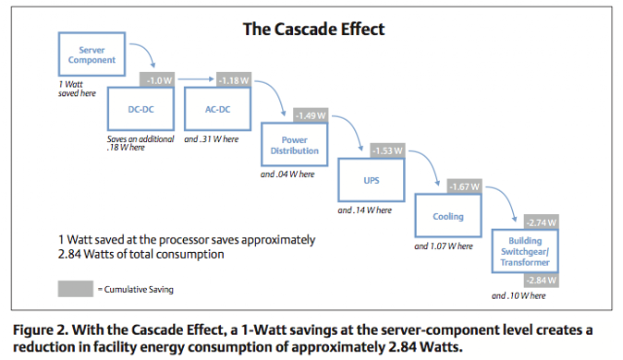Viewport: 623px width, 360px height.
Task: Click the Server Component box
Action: click(x=92, y=54)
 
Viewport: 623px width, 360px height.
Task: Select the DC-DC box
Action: click(x=140, y=109)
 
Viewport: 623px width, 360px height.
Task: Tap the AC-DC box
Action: click(x=218, y=109)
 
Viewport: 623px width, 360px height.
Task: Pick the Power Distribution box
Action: click(x=294, y=144)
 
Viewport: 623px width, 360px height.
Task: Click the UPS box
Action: click(x=372, y=180)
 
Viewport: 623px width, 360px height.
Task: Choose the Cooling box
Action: click(x=448, y=216)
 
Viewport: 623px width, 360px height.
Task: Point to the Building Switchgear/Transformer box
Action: click(x=525, y=251)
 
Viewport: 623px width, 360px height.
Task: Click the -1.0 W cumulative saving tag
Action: click(x=158, y=80)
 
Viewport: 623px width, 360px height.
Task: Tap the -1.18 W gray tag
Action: click(x=234, y=80)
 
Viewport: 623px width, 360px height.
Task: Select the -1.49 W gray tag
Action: click(x=311, y=115)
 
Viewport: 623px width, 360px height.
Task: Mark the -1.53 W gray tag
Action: click(x=387, y=151)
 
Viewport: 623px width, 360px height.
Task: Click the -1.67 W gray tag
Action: click(x=464, y=187)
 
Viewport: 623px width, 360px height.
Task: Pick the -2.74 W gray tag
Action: click(x=541, y=222)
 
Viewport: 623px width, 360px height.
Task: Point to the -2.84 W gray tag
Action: click(x=541, y=280)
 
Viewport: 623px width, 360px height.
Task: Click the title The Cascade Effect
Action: click(x=313, y=29)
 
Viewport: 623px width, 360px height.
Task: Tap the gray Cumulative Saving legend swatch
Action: click(x=76, y=289)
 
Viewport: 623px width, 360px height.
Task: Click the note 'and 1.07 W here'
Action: click(x=444, y=246)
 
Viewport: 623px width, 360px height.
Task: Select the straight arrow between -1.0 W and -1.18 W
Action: click(x=196, y=79)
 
